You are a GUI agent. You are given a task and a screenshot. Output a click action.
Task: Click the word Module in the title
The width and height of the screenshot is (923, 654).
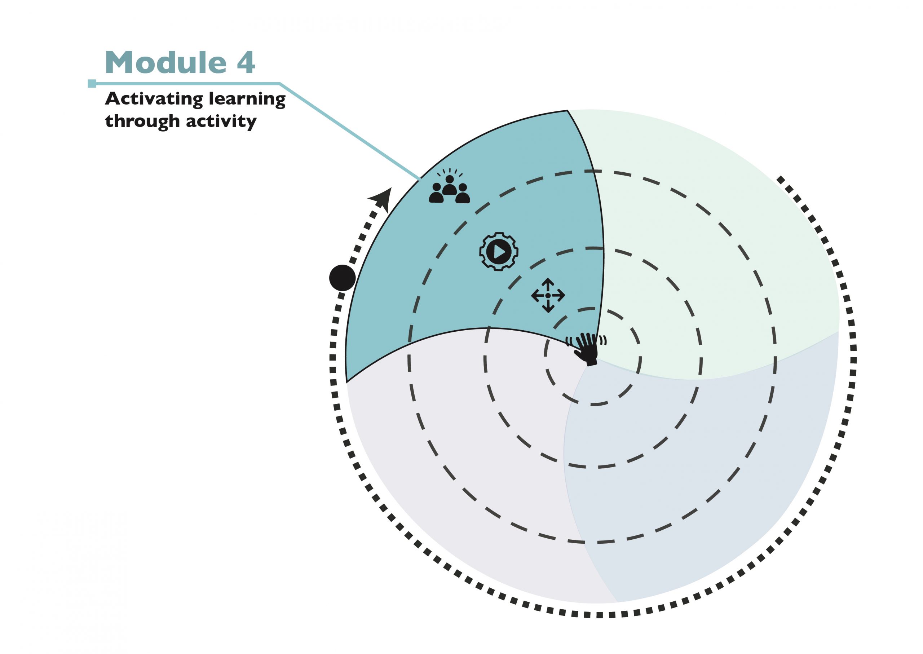[165, 63]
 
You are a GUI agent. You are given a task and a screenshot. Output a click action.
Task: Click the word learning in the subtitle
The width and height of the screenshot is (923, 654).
[247, 100]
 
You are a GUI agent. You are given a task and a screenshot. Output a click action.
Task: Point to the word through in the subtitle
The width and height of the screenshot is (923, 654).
[142, 121]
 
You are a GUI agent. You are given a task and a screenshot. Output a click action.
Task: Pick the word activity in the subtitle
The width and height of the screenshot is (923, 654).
[221, 121]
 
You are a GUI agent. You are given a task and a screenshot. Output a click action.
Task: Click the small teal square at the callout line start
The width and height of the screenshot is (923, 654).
[92, 84]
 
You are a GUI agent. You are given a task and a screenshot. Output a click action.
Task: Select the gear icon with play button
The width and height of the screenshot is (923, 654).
[499, 252]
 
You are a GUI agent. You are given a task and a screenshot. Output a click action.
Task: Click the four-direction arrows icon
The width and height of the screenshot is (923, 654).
[548, 295]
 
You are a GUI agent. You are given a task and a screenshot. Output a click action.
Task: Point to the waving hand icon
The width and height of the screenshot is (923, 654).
[587, 348]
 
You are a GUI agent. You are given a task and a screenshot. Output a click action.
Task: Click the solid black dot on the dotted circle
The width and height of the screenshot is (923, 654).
[342, 278]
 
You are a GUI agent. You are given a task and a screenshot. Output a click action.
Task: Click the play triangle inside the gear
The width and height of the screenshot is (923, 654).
[499, 252]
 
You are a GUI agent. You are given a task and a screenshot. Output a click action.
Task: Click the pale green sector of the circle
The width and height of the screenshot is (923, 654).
[717, 226]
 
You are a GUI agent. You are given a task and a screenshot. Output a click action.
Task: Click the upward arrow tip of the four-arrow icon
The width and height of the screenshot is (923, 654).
[548, 280]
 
